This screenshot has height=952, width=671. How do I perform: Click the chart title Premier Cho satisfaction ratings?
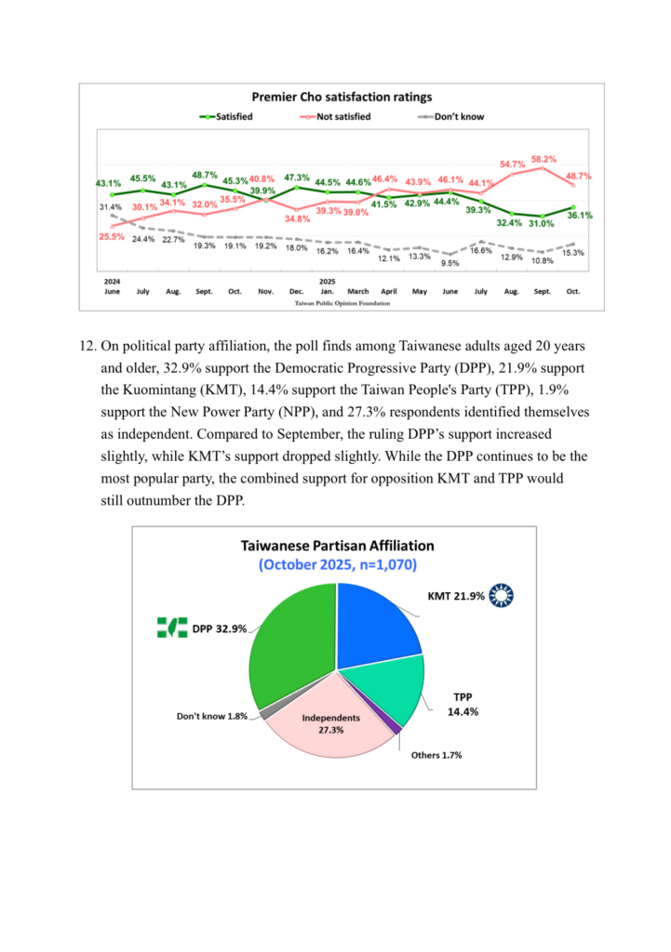343,97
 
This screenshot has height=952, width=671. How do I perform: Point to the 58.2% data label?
544,159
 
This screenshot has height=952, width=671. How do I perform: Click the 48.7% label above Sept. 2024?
204,175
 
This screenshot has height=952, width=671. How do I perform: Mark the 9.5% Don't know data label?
450,263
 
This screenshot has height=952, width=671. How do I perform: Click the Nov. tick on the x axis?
266,291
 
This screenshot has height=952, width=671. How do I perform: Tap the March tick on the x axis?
358,291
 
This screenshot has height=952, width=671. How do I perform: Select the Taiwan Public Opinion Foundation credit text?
342,303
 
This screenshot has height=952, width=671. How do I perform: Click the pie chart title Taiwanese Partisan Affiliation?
337,546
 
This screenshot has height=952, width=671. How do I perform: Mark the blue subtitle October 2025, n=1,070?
337,564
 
